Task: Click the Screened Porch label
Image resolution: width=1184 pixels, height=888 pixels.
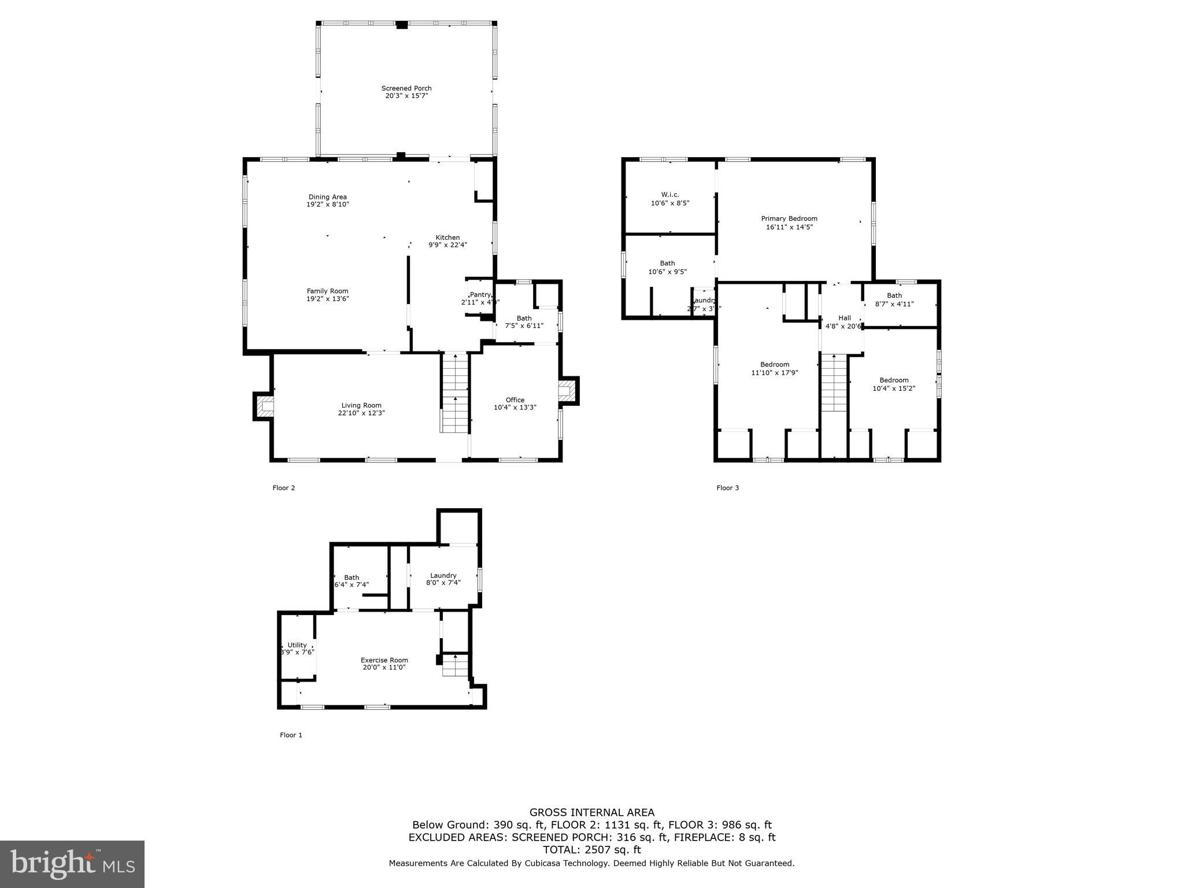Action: pos(406,88)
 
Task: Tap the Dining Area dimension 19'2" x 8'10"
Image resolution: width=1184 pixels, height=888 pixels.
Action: pos(327,205)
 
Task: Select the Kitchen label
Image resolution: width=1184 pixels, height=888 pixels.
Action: pos(447,238)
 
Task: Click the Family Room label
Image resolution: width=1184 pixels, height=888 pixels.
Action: pos(327,291)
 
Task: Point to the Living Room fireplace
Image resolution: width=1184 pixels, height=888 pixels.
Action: pos(263,406)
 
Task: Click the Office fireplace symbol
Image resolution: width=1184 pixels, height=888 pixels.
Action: pos(568,390)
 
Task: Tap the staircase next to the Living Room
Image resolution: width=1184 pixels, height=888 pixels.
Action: pos(454,393)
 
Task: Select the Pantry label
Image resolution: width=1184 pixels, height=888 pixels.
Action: pos(480,295)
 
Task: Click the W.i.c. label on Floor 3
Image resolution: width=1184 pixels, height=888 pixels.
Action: pos(670,195)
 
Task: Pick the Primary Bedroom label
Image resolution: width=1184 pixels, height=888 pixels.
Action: pos(789,219)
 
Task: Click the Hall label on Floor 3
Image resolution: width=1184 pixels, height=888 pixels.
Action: pos(844,318)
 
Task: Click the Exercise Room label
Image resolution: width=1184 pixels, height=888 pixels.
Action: pos(384,660)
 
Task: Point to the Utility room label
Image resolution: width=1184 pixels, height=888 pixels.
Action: pos(297,645)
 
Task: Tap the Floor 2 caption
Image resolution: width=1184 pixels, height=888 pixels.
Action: pos(283,488)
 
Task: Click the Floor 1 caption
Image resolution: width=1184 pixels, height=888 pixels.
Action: pos(291,735)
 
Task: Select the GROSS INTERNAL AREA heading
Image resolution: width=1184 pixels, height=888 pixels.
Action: pos(591,812)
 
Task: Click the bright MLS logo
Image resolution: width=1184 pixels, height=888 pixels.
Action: pos(72,864)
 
